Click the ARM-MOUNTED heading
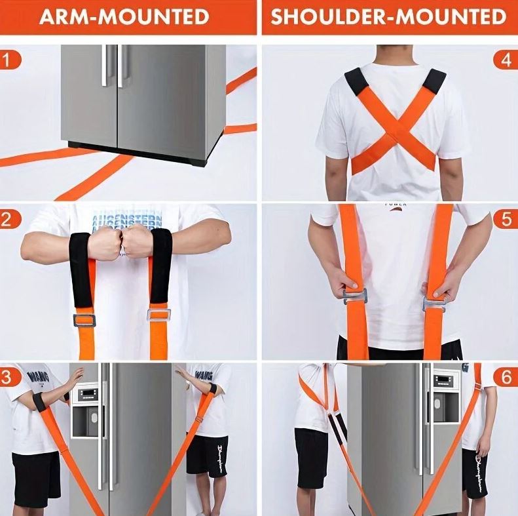tap(124, 16)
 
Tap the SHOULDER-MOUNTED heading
tap(389, 16)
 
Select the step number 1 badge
tap(9, 61)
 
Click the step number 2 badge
tap(9, 219)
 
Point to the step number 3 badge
tap(9, 377)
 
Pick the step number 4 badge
tap(506, 61)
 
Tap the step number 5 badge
tap(506, 219)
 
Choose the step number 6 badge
tap(506, 377)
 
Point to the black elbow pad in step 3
tap(40, 402)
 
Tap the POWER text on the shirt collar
tap(395, 205)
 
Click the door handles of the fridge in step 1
tap(112, 66)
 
